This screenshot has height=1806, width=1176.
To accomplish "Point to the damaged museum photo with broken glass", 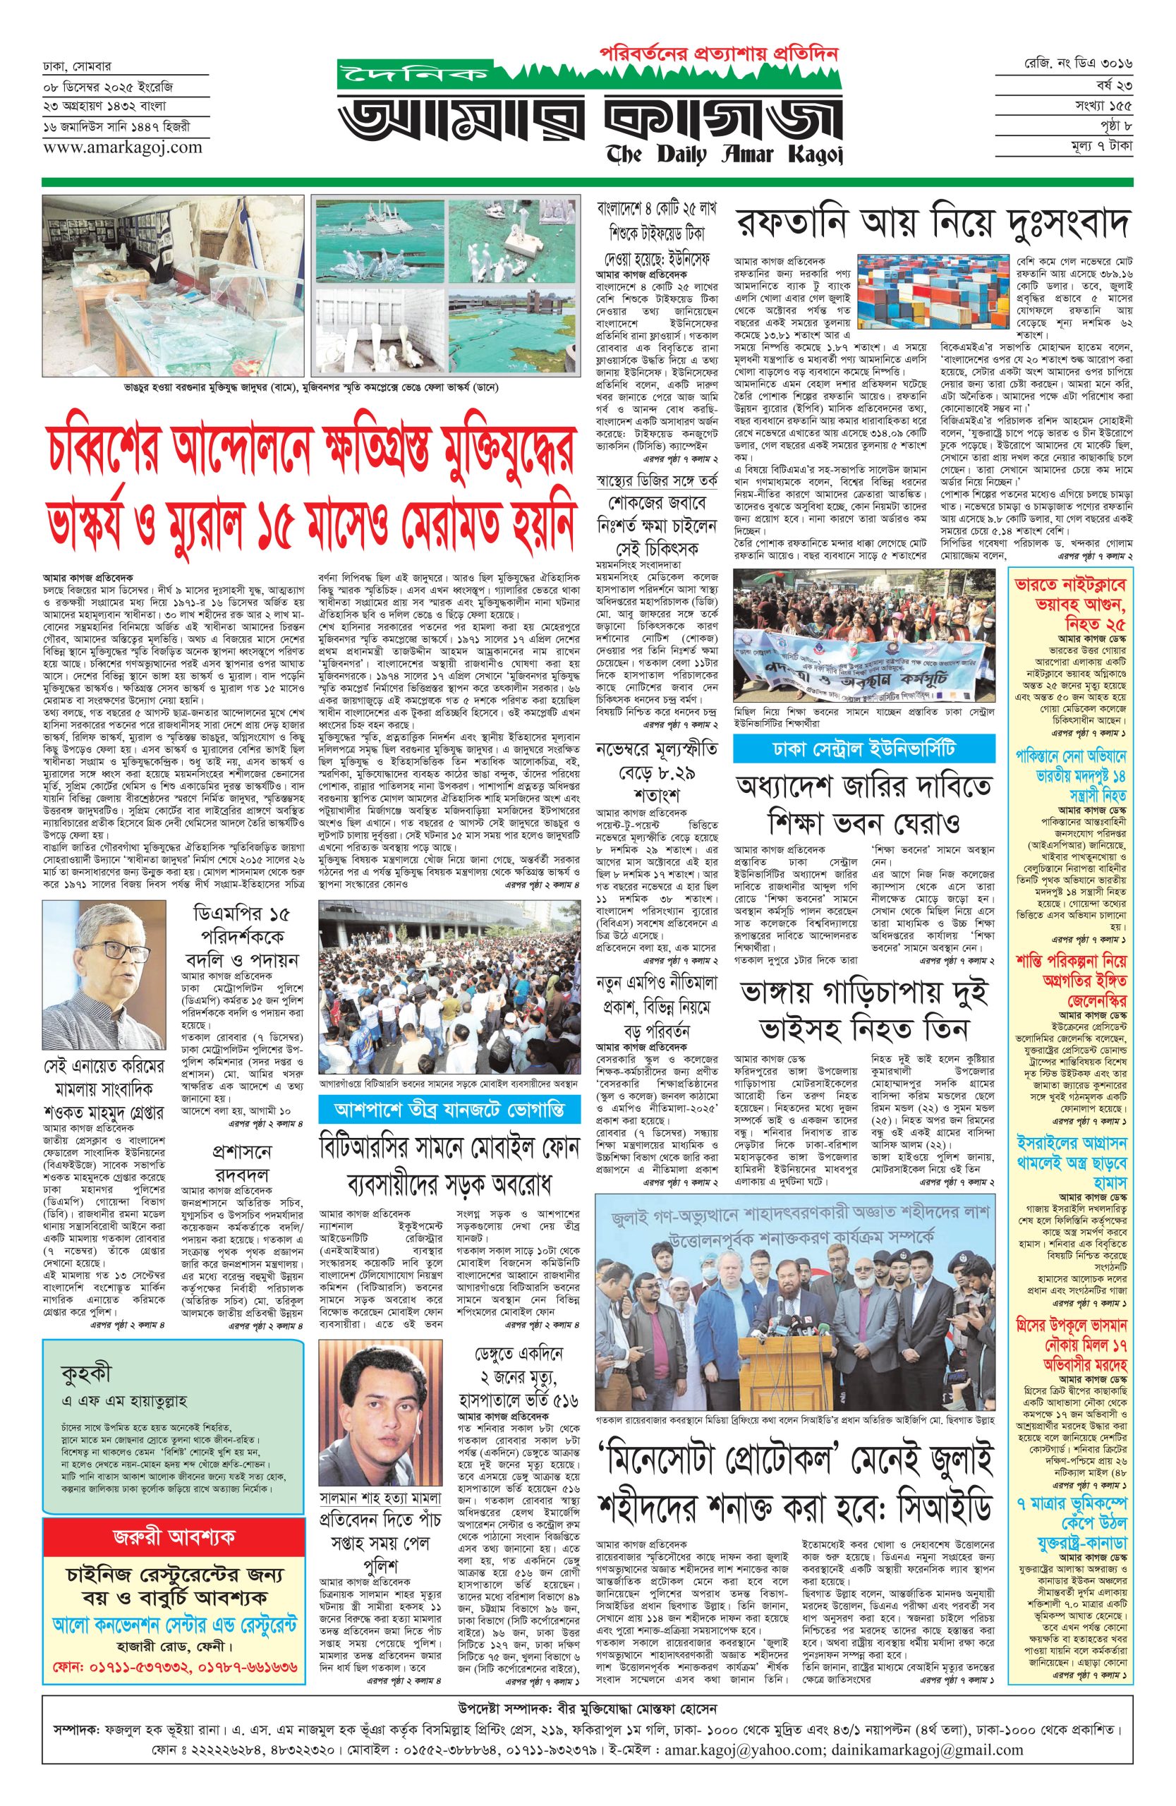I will (x=172, y=284).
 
